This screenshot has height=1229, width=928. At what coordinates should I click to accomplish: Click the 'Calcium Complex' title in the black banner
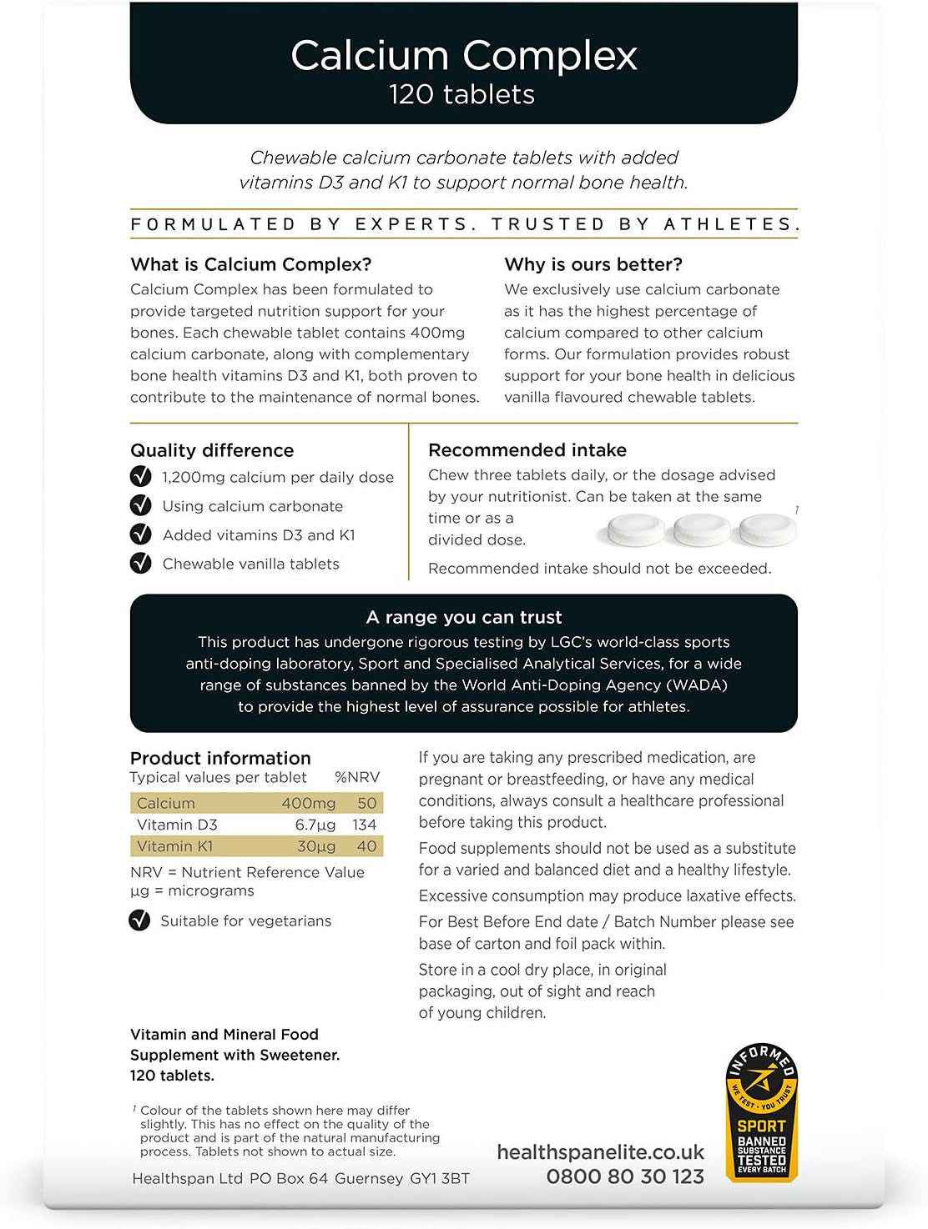click(x=463, y=56)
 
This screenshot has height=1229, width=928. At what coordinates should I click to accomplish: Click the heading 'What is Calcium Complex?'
click(x=251, y=264)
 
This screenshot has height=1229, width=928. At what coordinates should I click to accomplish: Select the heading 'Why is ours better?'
click(x=593, y=264)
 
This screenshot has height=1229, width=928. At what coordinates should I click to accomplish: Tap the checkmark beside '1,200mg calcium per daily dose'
click(x=140, y=477)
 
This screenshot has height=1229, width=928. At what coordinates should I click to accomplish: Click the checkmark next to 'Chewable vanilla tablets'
click(x=140, y=564)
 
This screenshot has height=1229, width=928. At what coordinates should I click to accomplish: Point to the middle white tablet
click(x=702, y=529)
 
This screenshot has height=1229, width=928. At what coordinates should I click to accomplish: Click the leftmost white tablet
click(x=635, y=529)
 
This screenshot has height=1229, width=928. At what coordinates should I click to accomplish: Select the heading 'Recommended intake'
click(x=527, y=450)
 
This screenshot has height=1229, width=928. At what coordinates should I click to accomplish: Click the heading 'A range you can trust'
click(x=464, y=617)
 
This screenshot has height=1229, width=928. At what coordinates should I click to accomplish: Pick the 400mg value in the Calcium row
click(x=308, y=803)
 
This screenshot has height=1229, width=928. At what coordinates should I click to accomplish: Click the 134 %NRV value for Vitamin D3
click(x=365, y=825)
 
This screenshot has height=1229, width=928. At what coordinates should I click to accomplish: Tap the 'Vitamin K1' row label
click(x=175, y=846)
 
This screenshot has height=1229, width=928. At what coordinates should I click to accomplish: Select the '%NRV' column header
click(x=357, y=777)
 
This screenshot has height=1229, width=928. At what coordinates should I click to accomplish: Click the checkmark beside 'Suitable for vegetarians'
click(x=139, y=920)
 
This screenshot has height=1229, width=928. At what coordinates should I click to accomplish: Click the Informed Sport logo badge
click(x=761, y=1112)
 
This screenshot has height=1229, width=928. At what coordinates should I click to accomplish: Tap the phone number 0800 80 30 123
click(x=625, y=1176)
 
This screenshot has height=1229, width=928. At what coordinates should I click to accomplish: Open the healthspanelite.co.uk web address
click(x=600, y=1152)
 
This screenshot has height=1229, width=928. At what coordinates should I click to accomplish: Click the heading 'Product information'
click(x=220, y=758)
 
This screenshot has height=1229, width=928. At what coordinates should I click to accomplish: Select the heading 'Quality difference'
click(x=212, y=450)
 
